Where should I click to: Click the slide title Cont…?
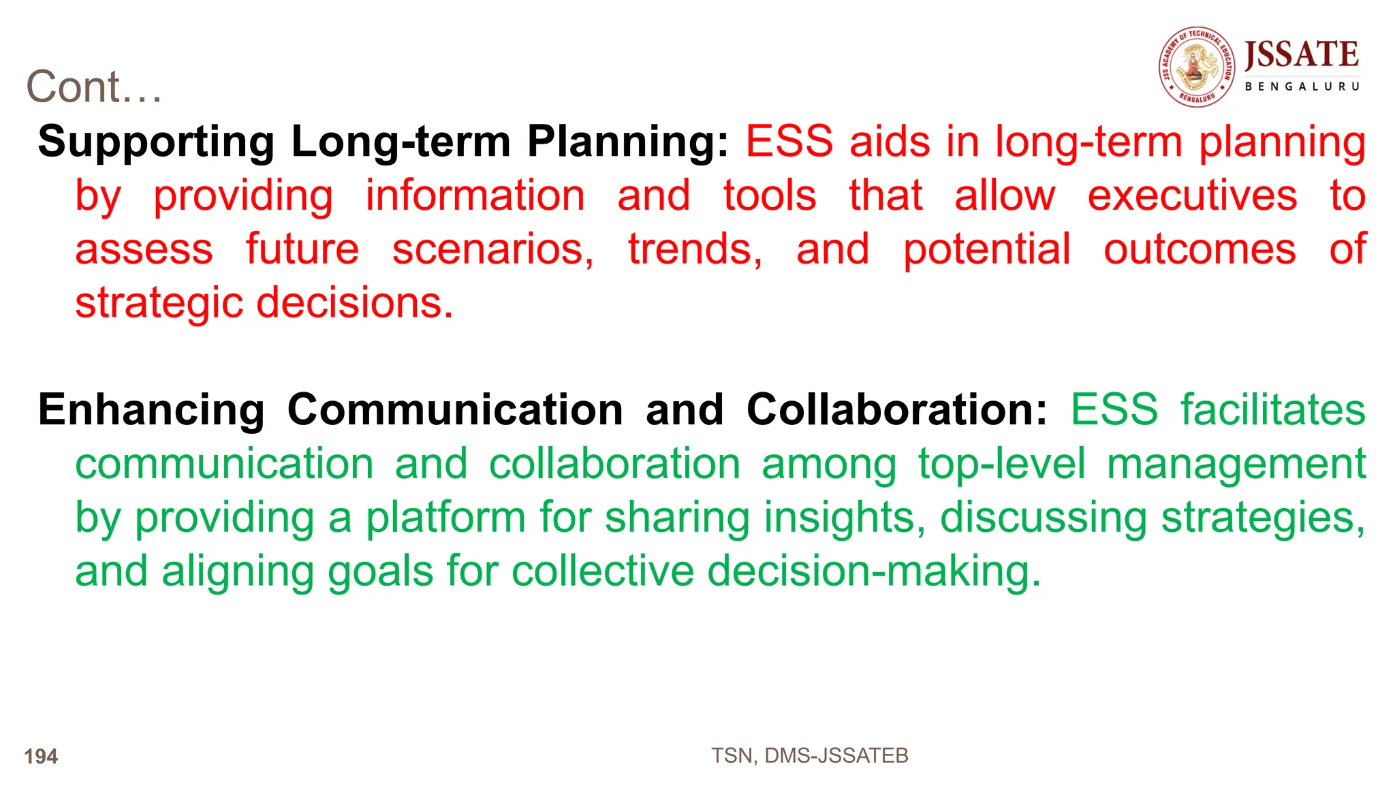(x=94, y=87)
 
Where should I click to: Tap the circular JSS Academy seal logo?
(x=1197, y=67)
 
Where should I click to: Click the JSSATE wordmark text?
(x=1301, y=54)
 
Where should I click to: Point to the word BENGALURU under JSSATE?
(x=1302, y=86)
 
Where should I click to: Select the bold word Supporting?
(x=156, y=142)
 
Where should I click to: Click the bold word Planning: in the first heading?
(x=627, y=142)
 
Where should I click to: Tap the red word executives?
(x=1192, y=195)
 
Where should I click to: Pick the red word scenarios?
(x=492, y=249)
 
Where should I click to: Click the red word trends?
(x=694, y=249)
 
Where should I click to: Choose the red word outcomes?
(x=1200, y=249)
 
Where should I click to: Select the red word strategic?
(x=159, y=303)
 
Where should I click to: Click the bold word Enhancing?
(x=151, y=410)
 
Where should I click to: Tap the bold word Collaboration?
(x=896, y=410)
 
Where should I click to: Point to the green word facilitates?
(x=1272, y=410)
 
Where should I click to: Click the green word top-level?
(x=1001, y=464)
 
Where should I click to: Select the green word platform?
(x=445, y=518)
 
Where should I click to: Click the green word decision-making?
(x=874, y=571)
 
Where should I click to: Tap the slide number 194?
(x=41, y=756)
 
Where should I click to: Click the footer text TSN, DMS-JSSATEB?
(x=809, y=755)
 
